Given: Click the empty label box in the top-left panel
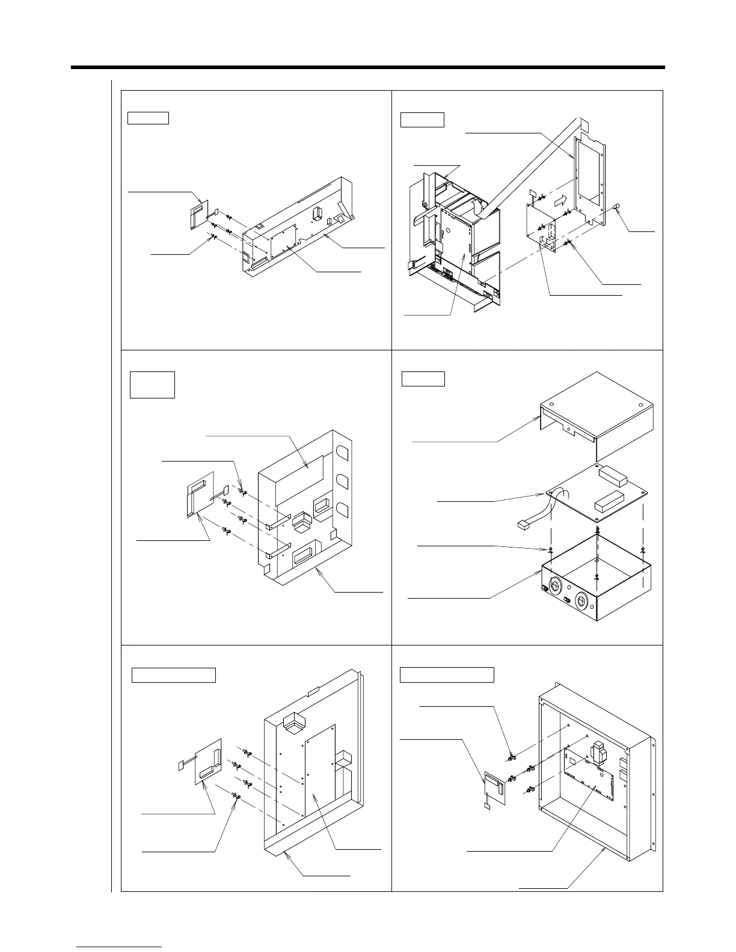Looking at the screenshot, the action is coord(148,118).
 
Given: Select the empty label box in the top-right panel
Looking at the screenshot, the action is coord(422,120).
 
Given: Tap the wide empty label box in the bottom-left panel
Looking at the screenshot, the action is coord(174,675).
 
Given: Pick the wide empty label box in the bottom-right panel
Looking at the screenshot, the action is coord(447,675).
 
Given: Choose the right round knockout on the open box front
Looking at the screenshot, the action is coord(583,601).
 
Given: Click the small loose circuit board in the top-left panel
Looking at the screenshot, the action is coord(198,215).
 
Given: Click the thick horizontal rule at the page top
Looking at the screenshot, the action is coord(368,67).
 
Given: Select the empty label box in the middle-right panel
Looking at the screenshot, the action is coord(423,379).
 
